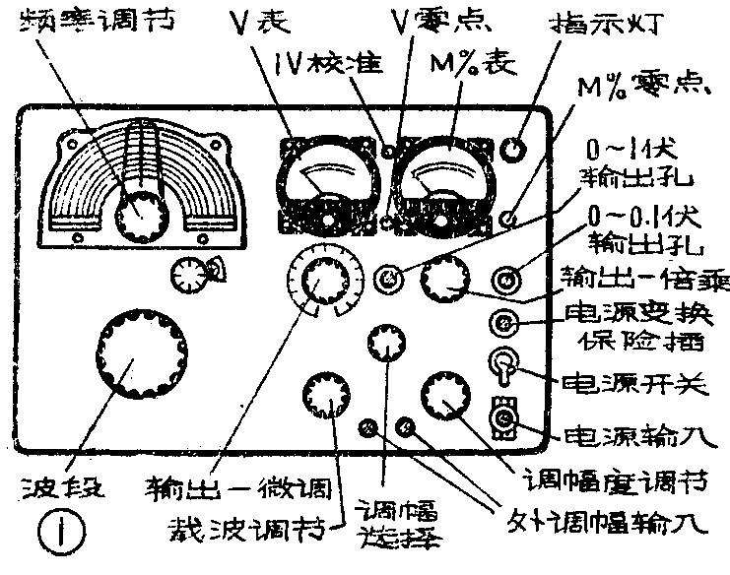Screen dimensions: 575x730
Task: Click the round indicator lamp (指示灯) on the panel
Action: (514, 149)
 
